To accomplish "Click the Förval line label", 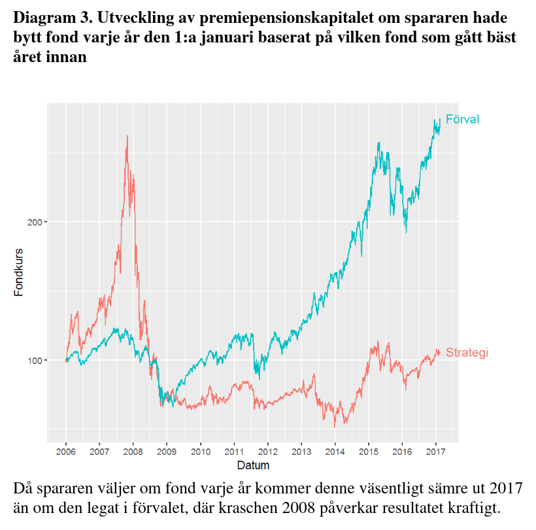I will coord(462,119).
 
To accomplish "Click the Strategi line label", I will coord(467,353).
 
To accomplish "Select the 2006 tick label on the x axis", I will coord(65,452).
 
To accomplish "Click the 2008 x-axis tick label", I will coord(133,452).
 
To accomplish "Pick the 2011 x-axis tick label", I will coord(234,452).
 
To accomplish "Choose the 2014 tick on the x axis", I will coord(335,452).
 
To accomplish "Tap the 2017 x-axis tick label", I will coord(436,452).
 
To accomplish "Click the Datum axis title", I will coord(252,466).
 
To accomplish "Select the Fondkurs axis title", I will coord(19,272).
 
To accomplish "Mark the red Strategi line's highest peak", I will coord(127,137).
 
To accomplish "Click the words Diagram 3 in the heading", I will coord(48,16).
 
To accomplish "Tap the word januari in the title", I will coord(223,37).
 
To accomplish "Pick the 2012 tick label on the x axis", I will coord(267,452).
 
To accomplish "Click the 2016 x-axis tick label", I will coord(402,452).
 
